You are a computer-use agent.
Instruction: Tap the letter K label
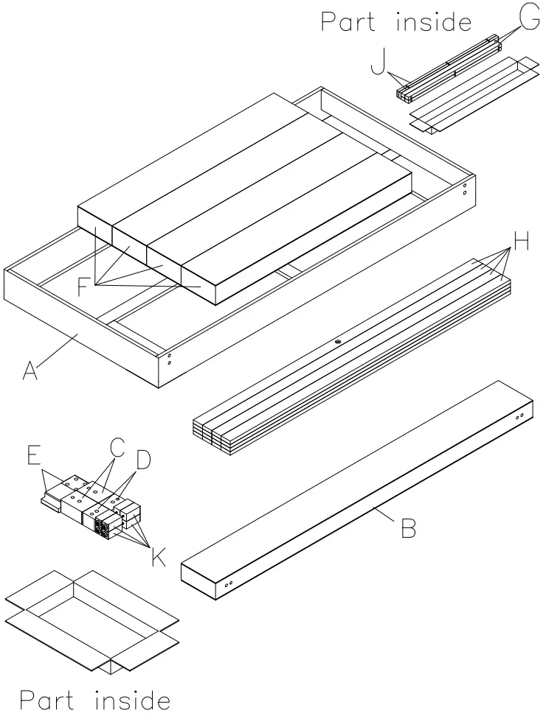(x=158, y=556)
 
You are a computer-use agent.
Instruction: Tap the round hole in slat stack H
(x=336, y=341)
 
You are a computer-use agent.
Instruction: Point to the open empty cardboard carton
(x=92, y=619)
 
